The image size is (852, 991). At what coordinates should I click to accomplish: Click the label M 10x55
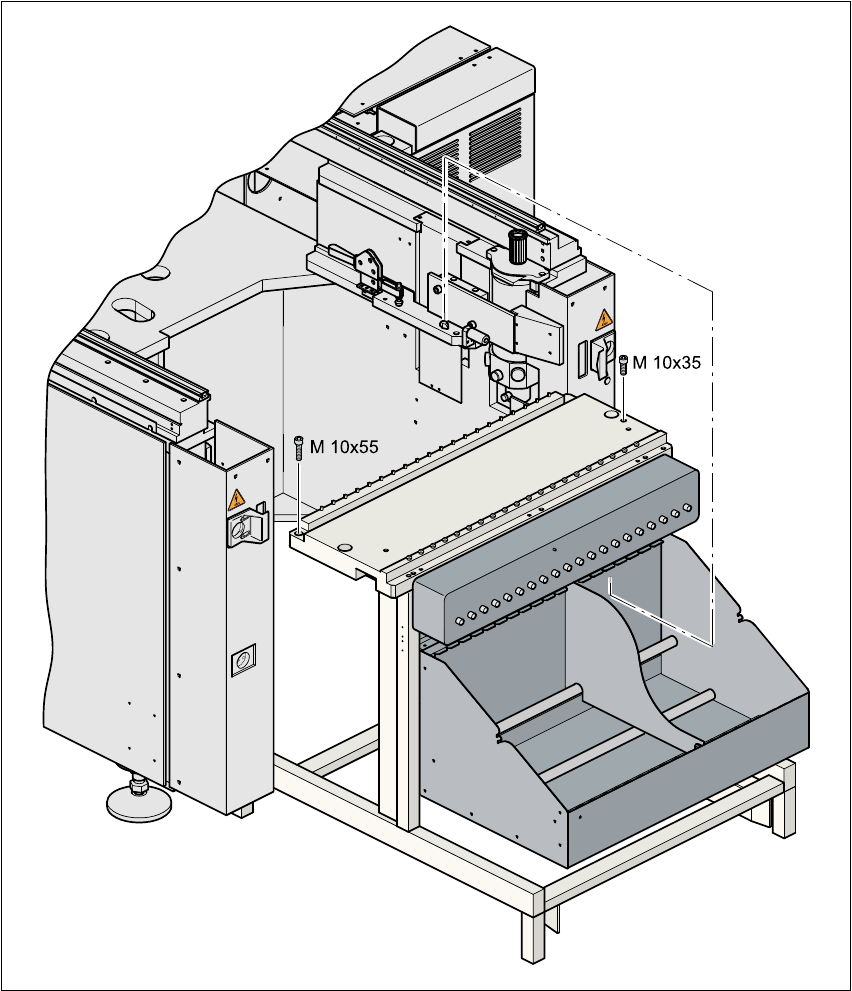tap(343, 448)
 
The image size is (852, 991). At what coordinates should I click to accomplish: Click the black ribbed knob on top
tap(517, 245)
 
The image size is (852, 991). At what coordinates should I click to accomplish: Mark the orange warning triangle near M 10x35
tap(603, 320)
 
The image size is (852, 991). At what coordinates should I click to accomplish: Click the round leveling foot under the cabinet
tap(139, 800)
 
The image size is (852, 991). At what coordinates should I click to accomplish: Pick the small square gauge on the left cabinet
tap(243, 661)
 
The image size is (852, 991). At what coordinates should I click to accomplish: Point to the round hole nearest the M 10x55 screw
tap(344, 547)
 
